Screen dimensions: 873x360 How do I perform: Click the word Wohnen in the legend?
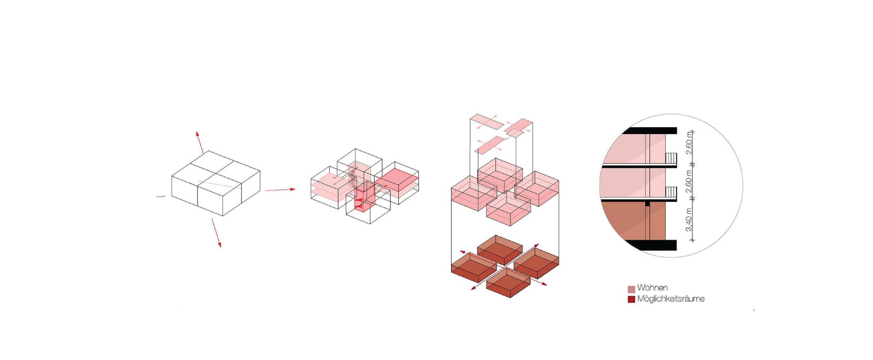tap(652, 288)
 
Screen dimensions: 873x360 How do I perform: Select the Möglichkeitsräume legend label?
tap(671, 299)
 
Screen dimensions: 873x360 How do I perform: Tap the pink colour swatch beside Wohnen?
tap(631, 289)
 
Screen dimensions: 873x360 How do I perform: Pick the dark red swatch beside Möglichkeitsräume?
tap(631, 299)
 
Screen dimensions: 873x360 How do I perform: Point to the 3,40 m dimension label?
tap(689, 219)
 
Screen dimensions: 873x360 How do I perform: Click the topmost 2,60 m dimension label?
tap(689, 142)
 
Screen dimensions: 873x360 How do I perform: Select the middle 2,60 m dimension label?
tap(689, 181)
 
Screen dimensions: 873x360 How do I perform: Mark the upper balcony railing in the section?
tap(671, 159)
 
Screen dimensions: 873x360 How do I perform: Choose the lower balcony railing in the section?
tap(671, 193)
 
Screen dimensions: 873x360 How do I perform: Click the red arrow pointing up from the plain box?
tap(199, 142)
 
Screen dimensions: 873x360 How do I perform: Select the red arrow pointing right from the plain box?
tap(280, 190)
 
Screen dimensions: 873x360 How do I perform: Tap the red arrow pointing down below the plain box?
tap(216, 233)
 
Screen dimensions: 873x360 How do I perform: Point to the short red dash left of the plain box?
tap(161, 196)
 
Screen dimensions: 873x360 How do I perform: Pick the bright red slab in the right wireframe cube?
tap(396, 180)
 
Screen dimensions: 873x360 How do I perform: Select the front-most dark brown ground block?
tap(508, 282)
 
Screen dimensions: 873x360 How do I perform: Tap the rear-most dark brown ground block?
tap(500, 249)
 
